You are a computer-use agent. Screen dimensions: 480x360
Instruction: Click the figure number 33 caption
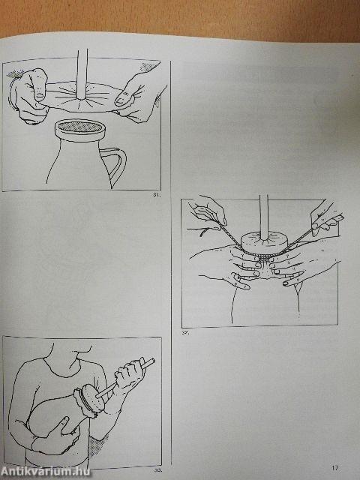click(158, 470)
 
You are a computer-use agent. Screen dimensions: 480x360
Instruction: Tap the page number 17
click(335, 468)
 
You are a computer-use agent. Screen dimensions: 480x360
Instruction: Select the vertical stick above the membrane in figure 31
click(82, 71)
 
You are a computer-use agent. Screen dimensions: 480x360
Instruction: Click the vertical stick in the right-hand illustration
click(262, 214)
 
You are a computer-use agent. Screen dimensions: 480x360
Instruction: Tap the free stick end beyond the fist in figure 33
click(148, 363)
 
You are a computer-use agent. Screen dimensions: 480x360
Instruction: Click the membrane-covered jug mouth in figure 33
click(91, 400)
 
